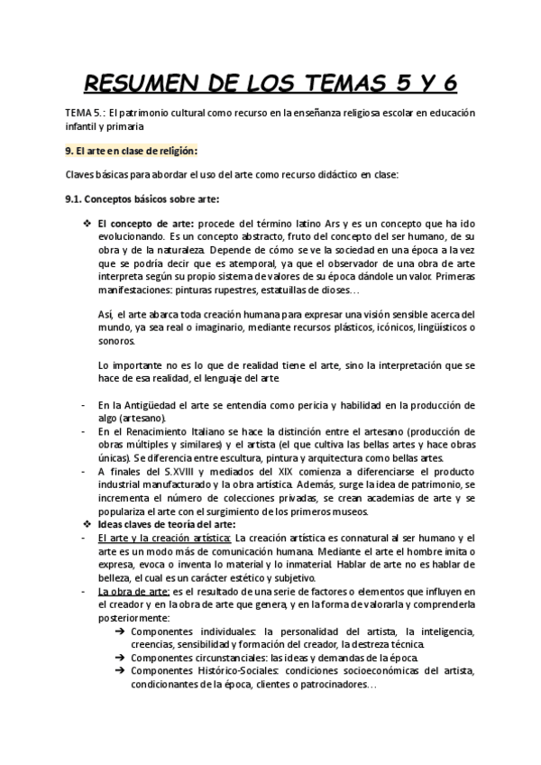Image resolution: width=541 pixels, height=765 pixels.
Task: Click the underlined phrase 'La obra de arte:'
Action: (x=133, y=592)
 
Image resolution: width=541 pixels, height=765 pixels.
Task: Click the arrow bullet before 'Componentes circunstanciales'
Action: (x=121, y=658)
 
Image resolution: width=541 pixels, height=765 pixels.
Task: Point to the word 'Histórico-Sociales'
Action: (x=240, y=671)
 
